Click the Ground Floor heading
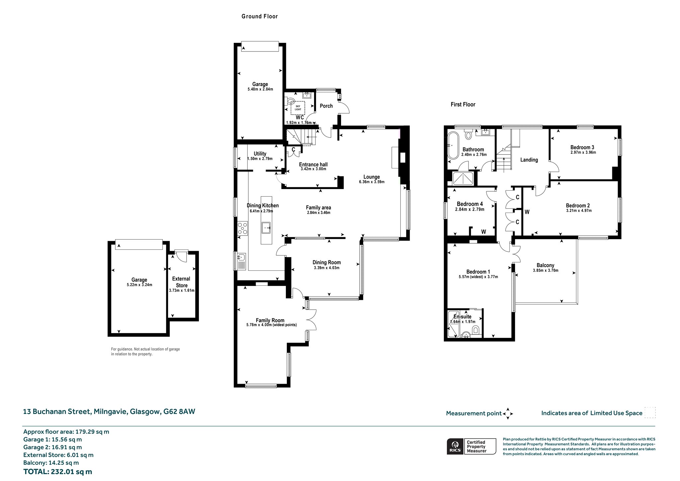pos(260,16)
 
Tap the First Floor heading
pos(463,104)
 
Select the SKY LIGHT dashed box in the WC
pos(298,108)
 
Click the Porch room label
pos(326,106)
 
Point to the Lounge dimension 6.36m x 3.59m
pos(372,182)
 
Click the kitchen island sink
pos(266,228)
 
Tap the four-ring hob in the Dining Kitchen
pos(243,229)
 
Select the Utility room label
pos(260,153)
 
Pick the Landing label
pos(529,160)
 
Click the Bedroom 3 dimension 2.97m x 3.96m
pos(583,153)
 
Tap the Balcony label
pos(546,265)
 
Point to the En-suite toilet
pos(476,330)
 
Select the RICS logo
pos(455,446)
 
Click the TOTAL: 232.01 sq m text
pos(58,472)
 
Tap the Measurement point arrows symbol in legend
pos(508,414)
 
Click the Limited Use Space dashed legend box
pos(650,413)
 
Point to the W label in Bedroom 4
pos(483,232)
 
